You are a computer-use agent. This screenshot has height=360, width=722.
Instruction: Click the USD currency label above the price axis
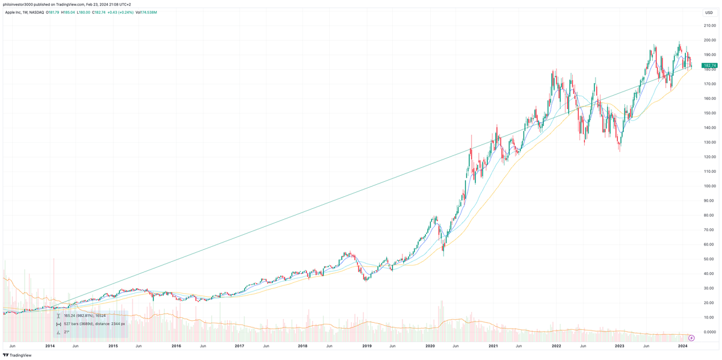click(709, 12)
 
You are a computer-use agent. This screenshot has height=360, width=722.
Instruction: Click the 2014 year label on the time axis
click(50, 346)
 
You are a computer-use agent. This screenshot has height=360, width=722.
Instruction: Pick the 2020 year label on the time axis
click(430, 346)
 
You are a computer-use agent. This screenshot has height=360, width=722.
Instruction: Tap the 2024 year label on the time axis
click(683, 346)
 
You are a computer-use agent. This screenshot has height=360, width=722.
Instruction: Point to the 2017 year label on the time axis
click(239, 346)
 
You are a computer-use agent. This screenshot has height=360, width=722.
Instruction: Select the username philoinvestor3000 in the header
click(23, 4)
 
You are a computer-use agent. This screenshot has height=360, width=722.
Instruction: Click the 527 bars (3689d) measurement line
click(94, 323)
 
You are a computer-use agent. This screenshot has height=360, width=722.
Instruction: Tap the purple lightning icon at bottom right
click(691, 338)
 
